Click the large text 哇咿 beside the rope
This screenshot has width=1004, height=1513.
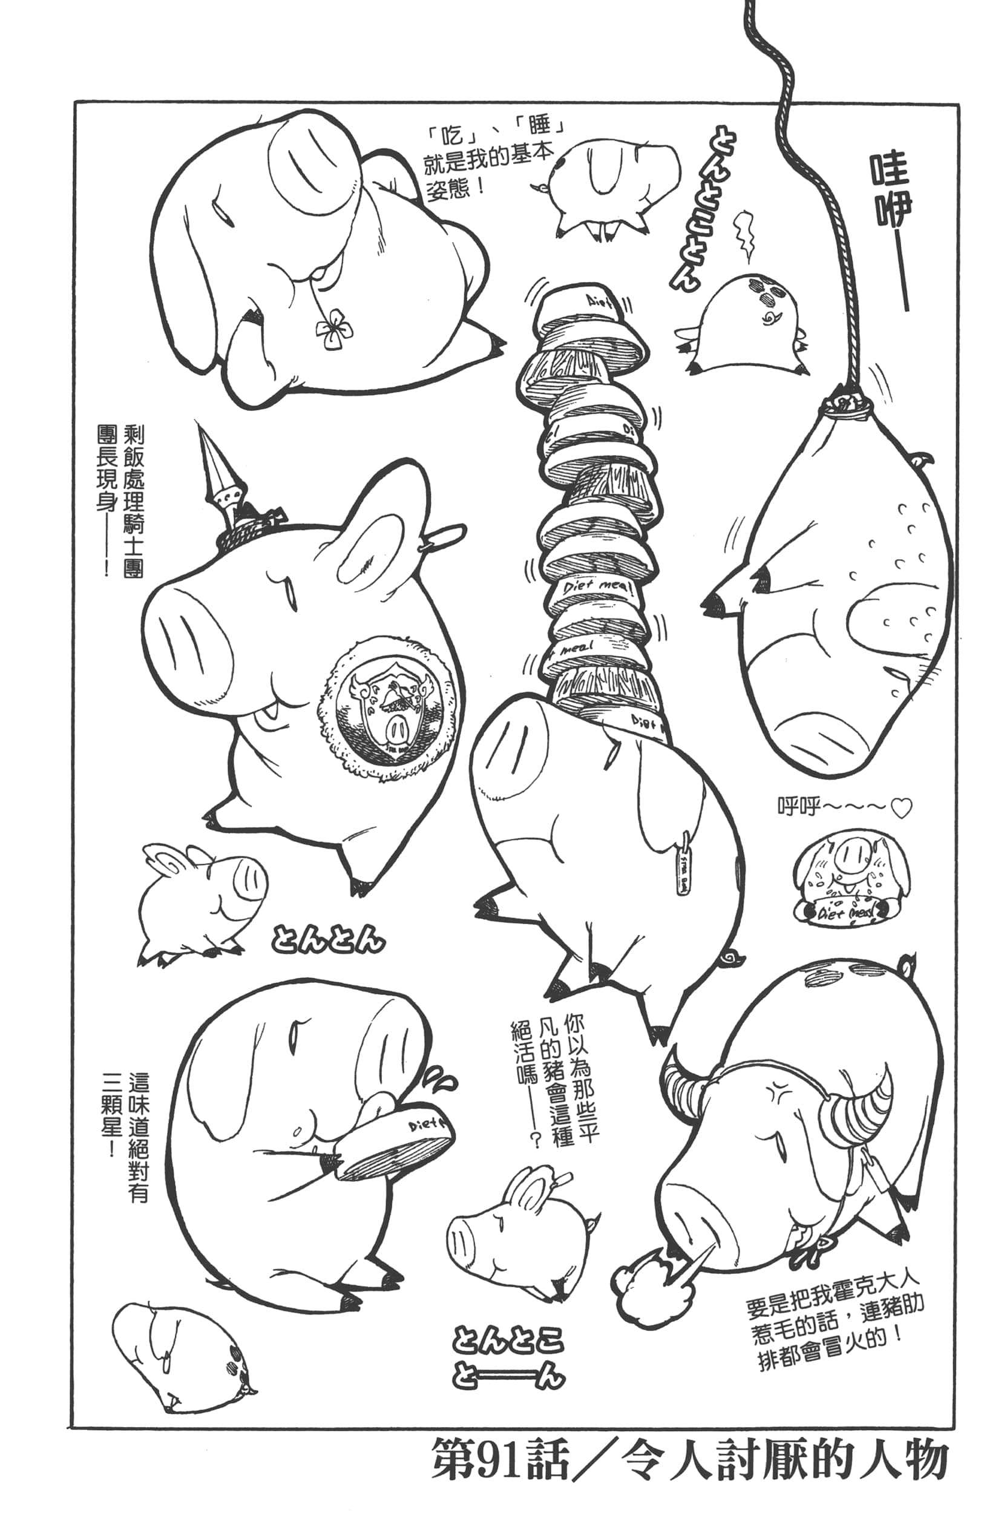(x=890, y=192)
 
